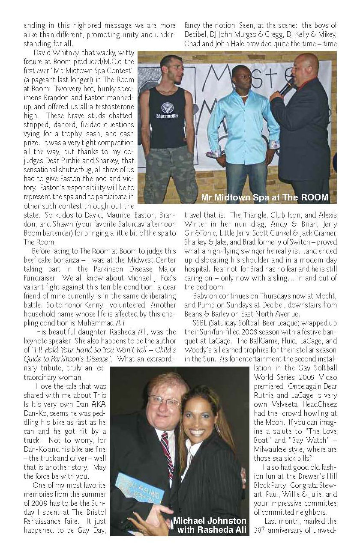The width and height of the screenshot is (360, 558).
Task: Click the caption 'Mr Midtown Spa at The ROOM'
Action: coord(264,197)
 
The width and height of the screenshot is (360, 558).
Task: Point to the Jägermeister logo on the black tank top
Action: coord(167,108)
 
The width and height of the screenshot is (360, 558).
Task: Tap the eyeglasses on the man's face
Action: coord(165,401)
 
